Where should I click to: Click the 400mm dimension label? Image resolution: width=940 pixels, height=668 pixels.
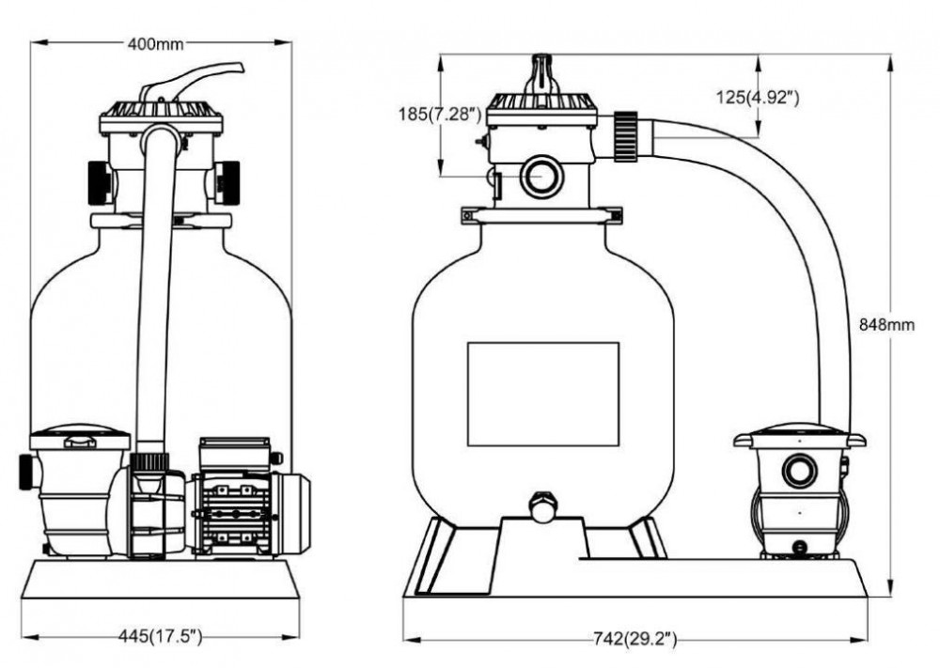pos(155,44)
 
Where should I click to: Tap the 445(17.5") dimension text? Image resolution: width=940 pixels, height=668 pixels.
pos(160,636)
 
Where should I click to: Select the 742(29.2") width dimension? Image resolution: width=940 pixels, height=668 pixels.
pos(634,639)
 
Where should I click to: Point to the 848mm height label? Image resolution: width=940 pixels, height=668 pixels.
pos(886,325)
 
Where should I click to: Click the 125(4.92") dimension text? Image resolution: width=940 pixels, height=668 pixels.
pos(758,97)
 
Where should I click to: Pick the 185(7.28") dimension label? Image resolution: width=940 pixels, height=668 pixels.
pos(440,114)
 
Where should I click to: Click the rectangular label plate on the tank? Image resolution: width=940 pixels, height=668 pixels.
pos(543,395)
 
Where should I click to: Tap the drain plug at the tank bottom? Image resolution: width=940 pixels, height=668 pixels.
pos(542,506)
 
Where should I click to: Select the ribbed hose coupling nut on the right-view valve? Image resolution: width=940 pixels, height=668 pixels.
pos(626,136)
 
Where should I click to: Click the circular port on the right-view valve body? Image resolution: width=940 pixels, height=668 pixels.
pos(541,177)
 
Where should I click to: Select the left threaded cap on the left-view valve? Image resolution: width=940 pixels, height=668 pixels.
pos(100,182)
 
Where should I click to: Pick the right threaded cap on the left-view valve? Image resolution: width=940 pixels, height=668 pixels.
pos(227,182)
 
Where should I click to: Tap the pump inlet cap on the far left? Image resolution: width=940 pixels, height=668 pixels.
pos(28,473)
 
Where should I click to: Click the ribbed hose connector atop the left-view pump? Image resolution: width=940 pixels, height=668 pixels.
pos(149,461)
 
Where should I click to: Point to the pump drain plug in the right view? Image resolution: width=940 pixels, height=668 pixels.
pos(800,547)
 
